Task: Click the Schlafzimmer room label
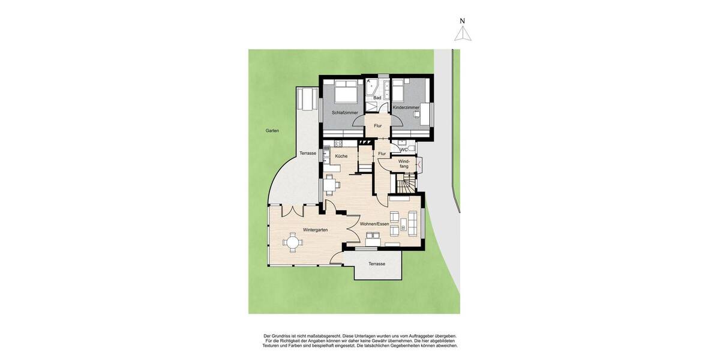click(x=345, y=112)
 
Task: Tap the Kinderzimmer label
click(x=406, y=107)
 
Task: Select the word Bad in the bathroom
click(x=377, y=98)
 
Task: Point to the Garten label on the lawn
click(x=272, y=130)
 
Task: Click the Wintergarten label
click(x=316, y=230)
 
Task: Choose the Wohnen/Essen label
click(x=374, y=224)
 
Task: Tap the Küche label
click(x=341, y=156)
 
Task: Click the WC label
click(x=404, y=149)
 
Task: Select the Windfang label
click(x=404, y=163)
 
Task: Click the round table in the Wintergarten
click(x=293, y=242)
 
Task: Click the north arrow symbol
click(x=462, y=34)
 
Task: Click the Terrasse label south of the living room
click(x=377, y=264)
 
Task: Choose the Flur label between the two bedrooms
click(x=378, y=125)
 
